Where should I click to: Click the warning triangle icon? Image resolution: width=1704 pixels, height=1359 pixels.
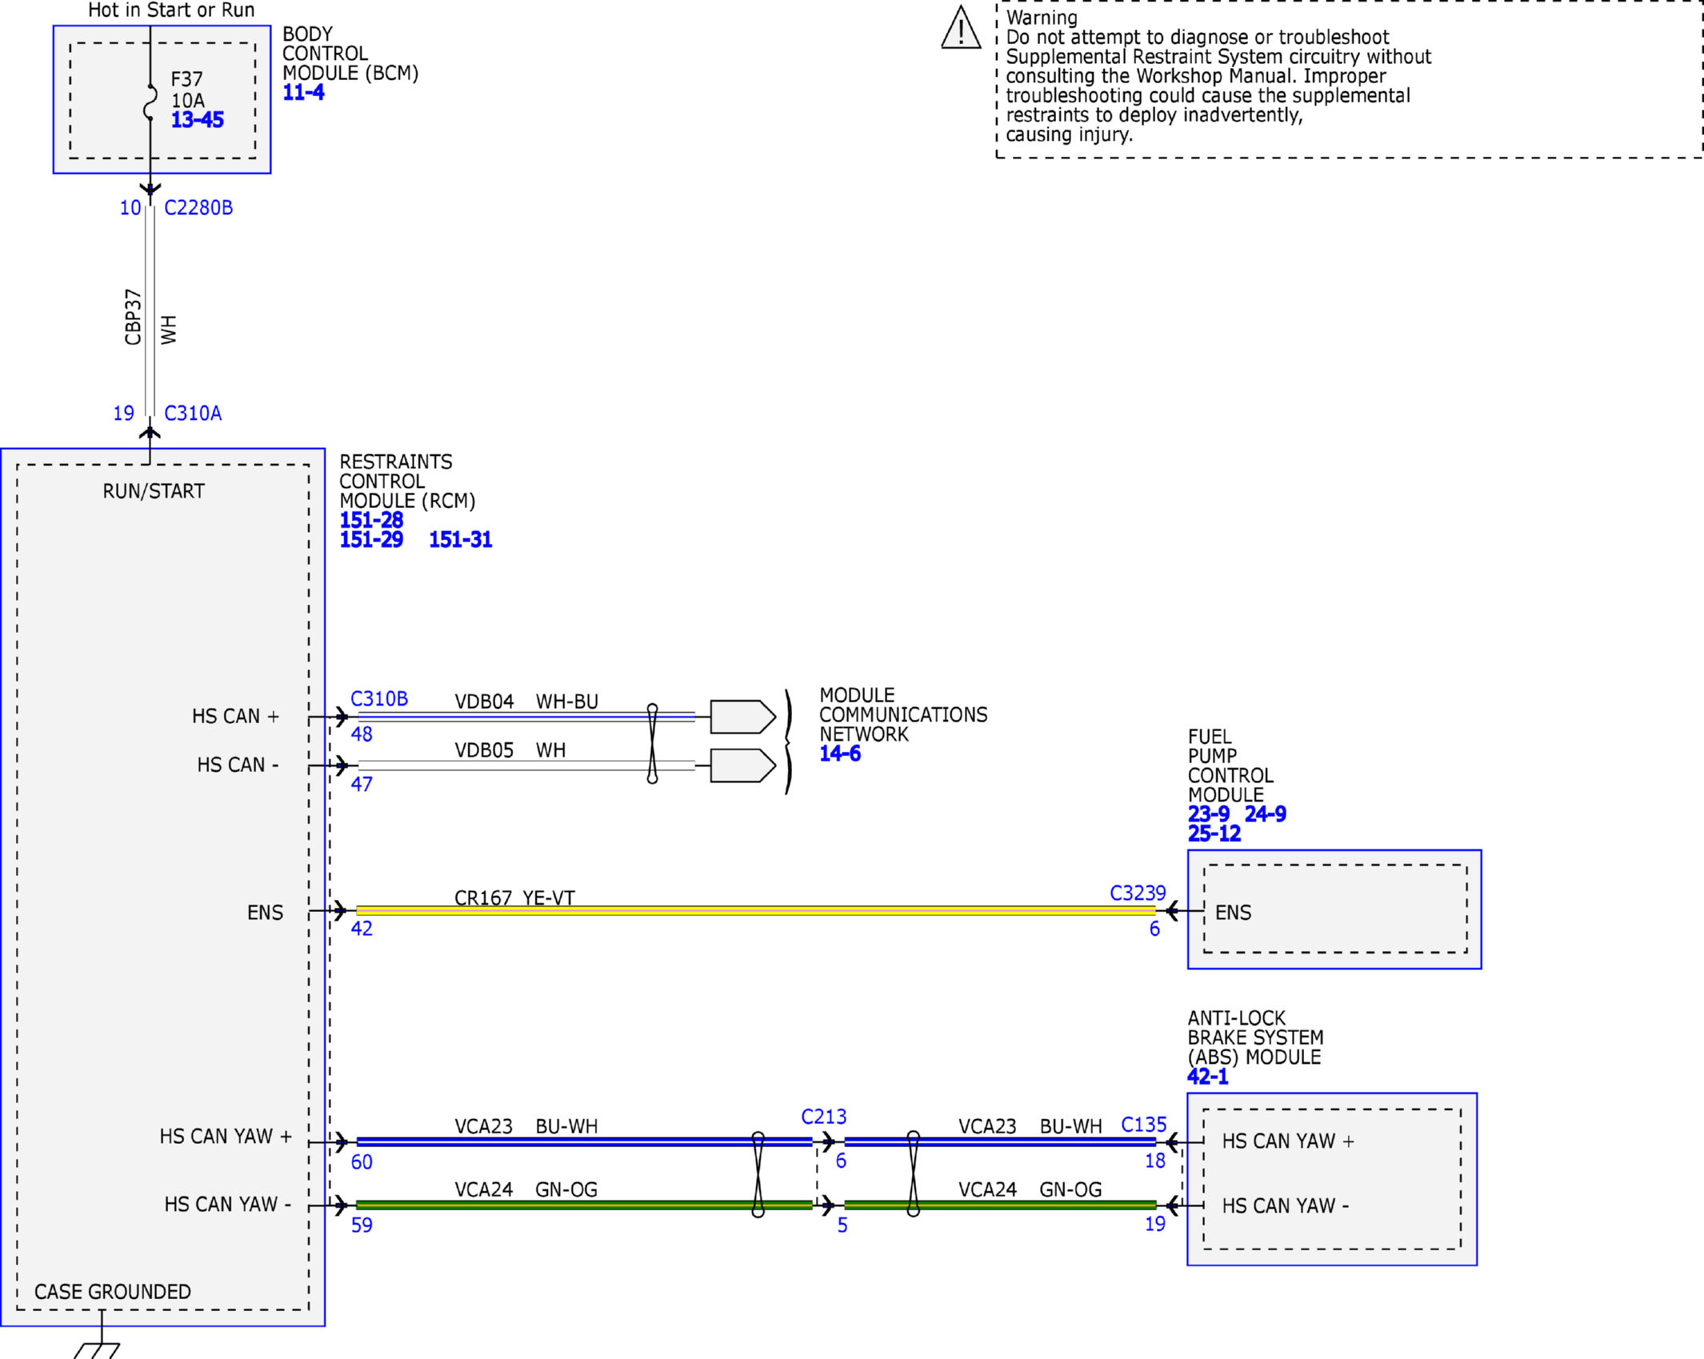pyautogui.click(x=961, y=28)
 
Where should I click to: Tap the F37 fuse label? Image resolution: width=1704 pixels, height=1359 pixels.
pyautogui.click(x=187, y=79)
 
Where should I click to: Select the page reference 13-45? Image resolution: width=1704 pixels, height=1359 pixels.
pyautogui.click(x=198, y=120)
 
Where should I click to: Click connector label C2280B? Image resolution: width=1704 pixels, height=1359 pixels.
pyautogui.click(x=198, y=208)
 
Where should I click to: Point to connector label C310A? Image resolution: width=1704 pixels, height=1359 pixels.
pyautogui.click(x=193, y=414)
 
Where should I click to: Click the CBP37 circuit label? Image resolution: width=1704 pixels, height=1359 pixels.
pyautogui.click(x=133, y=318)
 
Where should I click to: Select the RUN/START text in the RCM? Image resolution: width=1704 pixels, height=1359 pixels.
pyautogui.click(x=154, y=491)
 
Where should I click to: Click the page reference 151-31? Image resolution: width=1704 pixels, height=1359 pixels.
pyautogui.click(x=461, y=540)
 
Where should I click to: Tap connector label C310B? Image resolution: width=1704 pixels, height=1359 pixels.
pyautogui.click(x=379, y=699)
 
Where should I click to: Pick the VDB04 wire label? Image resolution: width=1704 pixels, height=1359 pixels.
pyautogui.click(x=484, y=701)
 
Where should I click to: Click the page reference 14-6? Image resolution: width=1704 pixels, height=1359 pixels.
pyautogui.click(x=840, y=753)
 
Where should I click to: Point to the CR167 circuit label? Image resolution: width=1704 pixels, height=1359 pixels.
pyautogui.click(x=483, y=898)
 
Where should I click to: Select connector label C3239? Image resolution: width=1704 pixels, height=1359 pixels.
pyautogui.click(x=1138, y=893)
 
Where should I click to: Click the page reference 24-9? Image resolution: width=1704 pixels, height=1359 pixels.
pyautogui.click(x=1266, y=814)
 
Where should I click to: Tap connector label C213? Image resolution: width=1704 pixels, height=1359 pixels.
pyautogui.click(x=824, y=1117)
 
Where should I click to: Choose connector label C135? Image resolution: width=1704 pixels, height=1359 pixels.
pyautogui.click(x=1144, y=1125)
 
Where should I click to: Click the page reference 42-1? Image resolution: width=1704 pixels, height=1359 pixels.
pyautogui.click(x=1208, y=1077)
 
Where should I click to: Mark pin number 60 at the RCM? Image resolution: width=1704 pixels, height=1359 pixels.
pyautogui.click(x=362, y=1162)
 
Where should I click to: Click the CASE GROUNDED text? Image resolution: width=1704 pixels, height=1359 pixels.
pyautogui.click(x=113, y=1292)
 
